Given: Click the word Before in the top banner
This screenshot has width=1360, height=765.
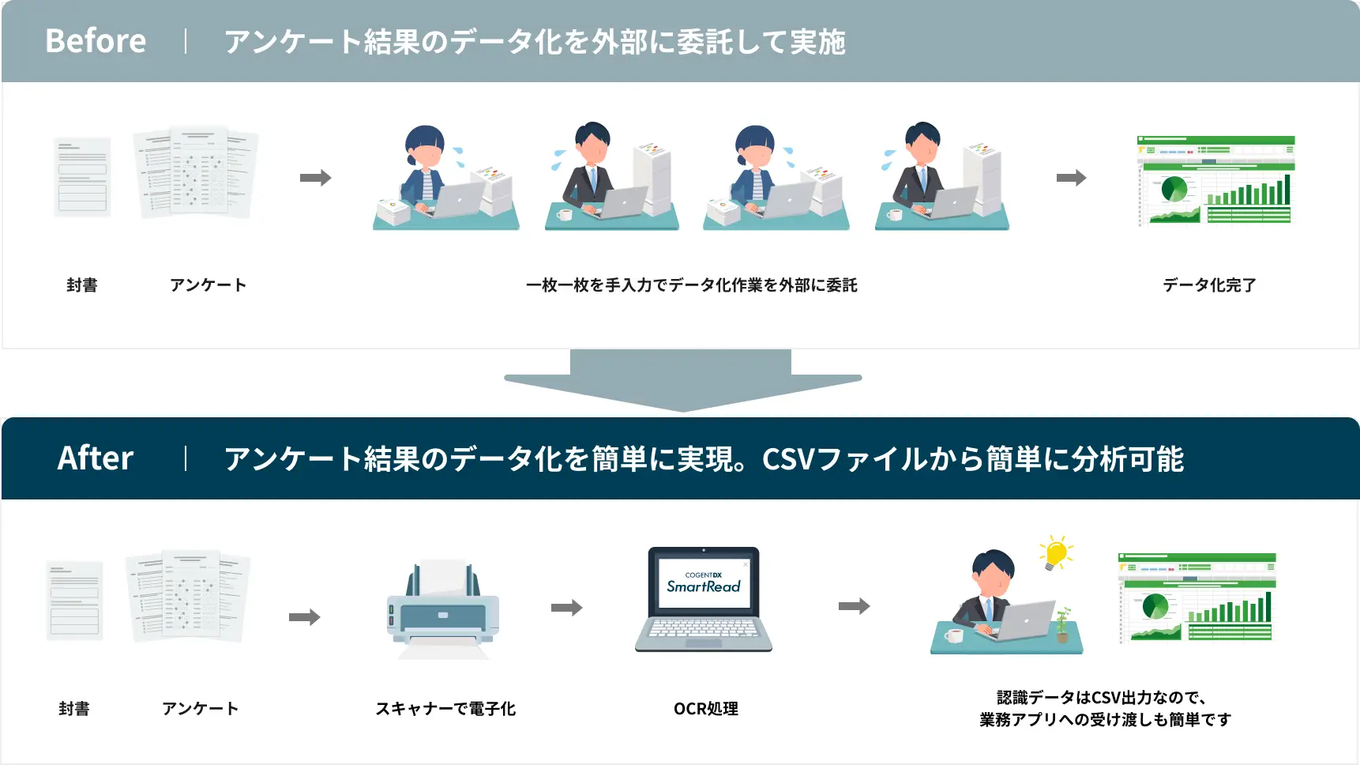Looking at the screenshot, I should pos(96,41).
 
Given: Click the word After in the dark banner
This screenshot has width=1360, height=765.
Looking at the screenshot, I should pos(96,458).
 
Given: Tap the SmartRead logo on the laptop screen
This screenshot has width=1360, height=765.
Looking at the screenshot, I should pos(703,586).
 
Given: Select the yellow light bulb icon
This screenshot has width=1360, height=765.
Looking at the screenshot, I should pos(1056,552).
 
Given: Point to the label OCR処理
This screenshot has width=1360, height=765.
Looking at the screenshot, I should pos(705,709).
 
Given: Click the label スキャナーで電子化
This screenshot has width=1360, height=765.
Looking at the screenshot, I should pos(445,709).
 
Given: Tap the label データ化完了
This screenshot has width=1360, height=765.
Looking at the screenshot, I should pos(1209,285).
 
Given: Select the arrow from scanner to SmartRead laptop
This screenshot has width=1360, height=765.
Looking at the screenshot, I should pos(566,608).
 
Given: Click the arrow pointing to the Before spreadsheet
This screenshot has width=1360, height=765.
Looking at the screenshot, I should pos(1071,178).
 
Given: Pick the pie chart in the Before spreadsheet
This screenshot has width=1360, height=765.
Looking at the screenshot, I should pos(1174,190).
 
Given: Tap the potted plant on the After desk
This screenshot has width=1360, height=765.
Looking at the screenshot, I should pos(1063,624).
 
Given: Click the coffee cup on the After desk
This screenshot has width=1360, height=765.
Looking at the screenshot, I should pos(954,635).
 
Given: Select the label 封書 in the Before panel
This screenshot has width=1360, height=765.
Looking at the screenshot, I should pos(82,285).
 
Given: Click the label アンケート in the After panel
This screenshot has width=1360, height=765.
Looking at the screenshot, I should pos(200,709).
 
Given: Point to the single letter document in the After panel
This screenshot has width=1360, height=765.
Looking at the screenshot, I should pos(75,600).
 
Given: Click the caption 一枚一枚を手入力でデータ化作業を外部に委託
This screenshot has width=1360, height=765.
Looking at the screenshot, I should pos(691,285).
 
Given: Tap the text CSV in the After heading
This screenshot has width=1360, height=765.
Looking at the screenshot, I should pos(788,459).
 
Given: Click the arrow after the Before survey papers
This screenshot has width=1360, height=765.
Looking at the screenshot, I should pos(315,178).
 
